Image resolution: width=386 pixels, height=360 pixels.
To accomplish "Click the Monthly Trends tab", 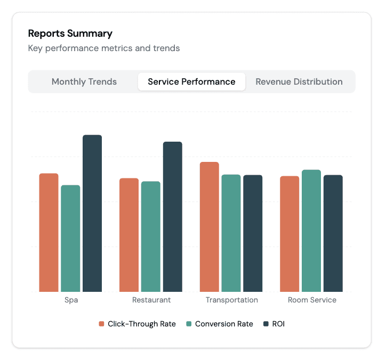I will (x=84, y=82).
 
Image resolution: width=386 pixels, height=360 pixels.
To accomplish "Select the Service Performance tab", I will (x=191, y=82).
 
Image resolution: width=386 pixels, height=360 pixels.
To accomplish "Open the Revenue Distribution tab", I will (x=299, y=82).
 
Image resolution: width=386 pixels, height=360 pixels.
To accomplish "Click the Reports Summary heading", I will (x=70, y=34).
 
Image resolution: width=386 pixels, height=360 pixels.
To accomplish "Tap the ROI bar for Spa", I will (x=92, y=213).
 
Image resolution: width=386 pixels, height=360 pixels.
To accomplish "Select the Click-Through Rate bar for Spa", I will (x=49, y=232).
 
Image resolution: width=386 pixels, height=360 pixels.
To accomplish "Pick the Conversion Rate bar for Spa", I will (x=70, y=238).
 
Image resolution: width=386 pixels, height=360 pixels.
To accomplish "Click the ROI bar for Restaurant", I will (x=173, y=216).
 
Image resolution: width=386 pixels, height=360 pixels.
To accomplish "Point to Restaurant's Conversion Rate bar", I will (x=151, y=236).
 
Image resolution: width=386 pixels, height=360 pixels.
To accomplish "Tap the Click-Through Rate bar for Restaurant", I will (x=129, y=235).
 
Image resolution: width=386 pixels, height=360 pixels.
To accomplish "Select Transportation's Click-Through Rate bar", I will (x=210, y=226).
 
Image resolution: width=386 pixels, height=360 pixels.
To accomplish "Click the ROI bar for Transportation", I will (x=253, y=233).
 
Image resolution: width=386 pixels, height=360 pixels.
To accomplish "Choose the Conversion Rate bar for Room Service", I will (x=311, y=231).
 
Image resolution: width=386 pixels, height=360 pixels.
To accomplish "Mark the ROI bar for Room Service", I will (x=333, y=233).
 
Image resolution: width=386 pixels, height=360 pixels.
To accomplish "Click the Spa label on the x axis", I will (x=71, y=300).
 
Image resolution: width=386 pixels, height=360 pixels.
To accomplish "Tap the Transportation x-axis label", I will (x=231, y=300).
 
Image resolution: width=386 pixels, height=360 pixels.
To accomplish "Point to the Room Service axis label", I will (x=312, y=300).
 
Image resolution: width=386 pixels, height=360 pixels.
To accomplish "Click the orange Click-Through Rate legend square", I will (x=101, y=324).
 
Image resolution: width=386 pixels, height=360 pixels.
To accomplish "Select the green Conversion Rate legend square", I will (x=189, y=324).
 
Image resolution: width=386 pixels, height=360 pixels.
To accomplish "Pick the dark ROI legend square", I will (x=266, y=324).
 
